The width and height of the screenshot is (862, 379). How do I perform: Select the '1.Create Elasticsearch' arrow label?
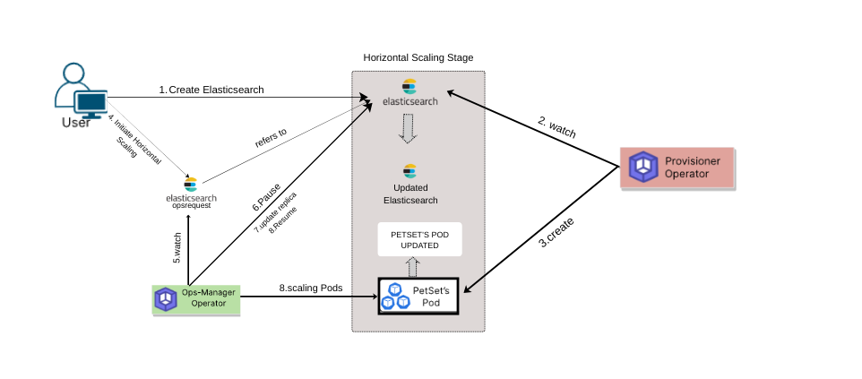tap(211, 90)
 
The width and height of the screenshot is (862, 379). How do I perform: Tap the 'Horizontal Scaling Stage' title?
tap(418, 57)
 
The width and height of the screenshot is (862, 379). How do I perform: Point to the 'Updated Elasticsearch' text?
tap(409, 194)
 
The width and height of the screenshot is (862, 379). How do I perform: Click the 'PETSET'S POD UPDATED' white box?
tap(418, 238)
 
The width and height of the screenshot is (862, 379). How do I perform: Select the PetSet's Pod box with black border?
tap(418, 296)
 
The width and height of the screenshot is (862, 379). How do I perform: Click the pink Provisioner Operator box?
tap(677, 167)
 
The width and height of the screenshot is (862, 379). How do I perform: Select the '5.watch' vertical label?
tap(177, 248)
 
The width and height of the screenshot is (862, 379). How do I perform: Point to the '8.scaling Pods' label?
tap(311, 289)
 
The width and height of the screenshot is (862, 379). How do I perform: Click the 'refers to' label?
tap(270, 134)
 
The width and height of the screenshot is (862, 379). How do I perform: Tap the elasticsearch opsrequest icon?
tap(190, 191)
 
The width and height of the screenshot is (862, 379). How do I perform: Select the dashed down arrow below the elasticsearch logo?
tap(409, 128)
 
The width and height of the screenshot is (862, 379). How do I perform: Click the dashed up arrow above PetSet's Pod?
tap(413, 266)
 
